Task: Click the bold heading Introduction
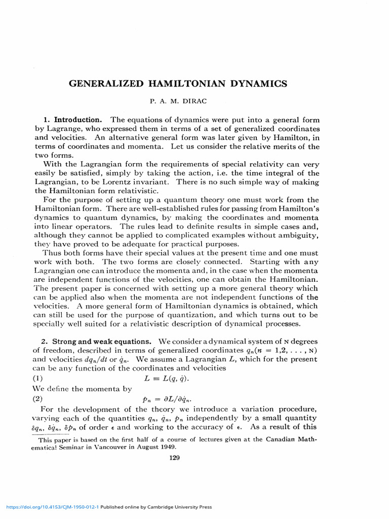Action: point(79,120)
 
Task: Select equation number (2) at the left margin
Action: point(40,399)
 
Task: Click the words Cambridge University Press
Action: point(177,507)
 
